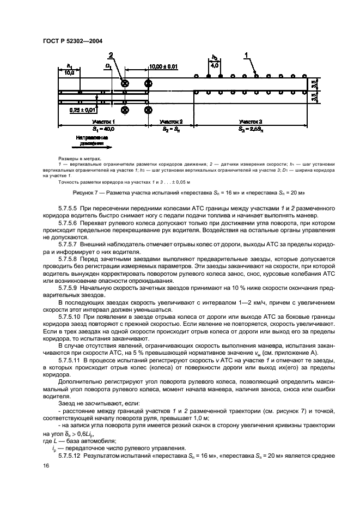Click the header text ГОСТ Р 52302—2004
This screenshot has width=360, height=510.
pos(72,40)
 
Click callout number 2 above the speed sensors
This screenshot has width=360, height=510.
pos(111,55)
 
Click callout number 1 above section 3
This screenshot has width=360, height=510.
pos(246,55)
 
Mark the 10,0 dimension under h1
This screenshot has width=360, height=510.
pos(69,71)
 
